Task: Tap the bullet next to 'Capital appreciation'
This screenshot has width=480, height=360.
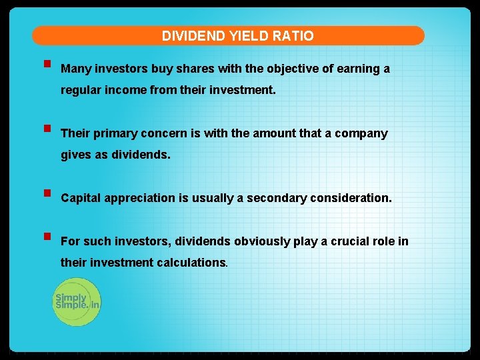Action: [x=46, y=195]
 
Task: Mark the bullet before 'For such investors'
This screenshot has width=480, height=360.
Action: [x=46, y=237]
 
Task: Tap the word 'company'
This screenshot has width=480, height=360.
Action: [x=361, y=133]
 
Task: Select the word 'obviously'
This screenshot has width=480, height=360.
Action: [x=258, y=241]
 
